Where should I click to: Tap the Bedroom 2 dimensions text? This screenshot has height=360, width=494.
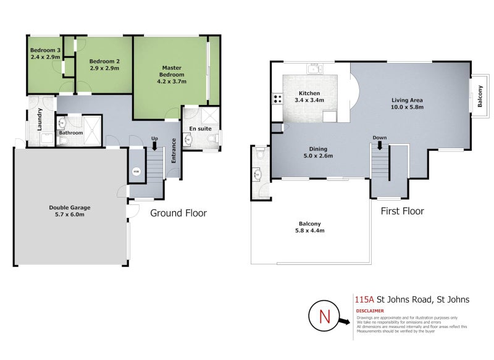coord(103,69)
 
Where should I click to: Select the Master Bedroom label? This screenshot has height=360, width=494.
coord(172,71)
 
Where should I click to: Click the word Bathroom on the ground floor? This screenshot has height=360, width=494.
coord(71,133)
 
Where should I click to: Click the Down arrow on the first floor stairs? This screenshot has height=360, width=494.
coord(380,145)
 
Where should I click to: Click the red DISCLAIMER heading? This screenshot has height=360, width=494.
coord(369,311)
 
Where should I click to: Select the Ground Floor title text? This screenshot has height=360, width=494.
coord(178,213)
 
